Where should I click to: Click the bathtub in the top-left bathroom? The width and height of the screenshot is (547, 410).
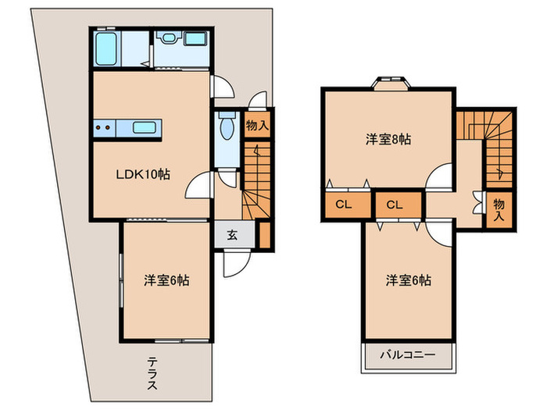click(106, 49)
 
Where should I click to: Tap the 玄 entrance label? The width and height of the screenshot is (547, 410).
click(233, 234)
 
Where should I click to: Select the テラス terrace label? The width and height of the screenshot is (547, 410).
click(152, 373)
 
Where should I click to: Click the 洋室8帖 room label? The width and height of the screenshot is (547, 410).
click(388, 140)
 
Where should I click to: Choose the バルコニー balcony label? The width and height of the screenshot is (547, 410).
click(407, 355)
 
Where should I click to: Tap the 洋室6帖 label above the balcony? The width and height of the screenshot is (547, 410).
click(408, 280)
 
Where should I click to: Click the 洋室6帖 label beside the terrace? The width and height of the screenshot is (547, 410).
click(165, 279)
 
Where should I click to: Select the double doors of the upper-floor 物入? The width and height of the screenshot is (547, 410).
click(479, 201)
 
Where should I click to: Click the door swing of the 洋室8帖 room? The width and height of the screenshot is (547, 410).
click(439, 176)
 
